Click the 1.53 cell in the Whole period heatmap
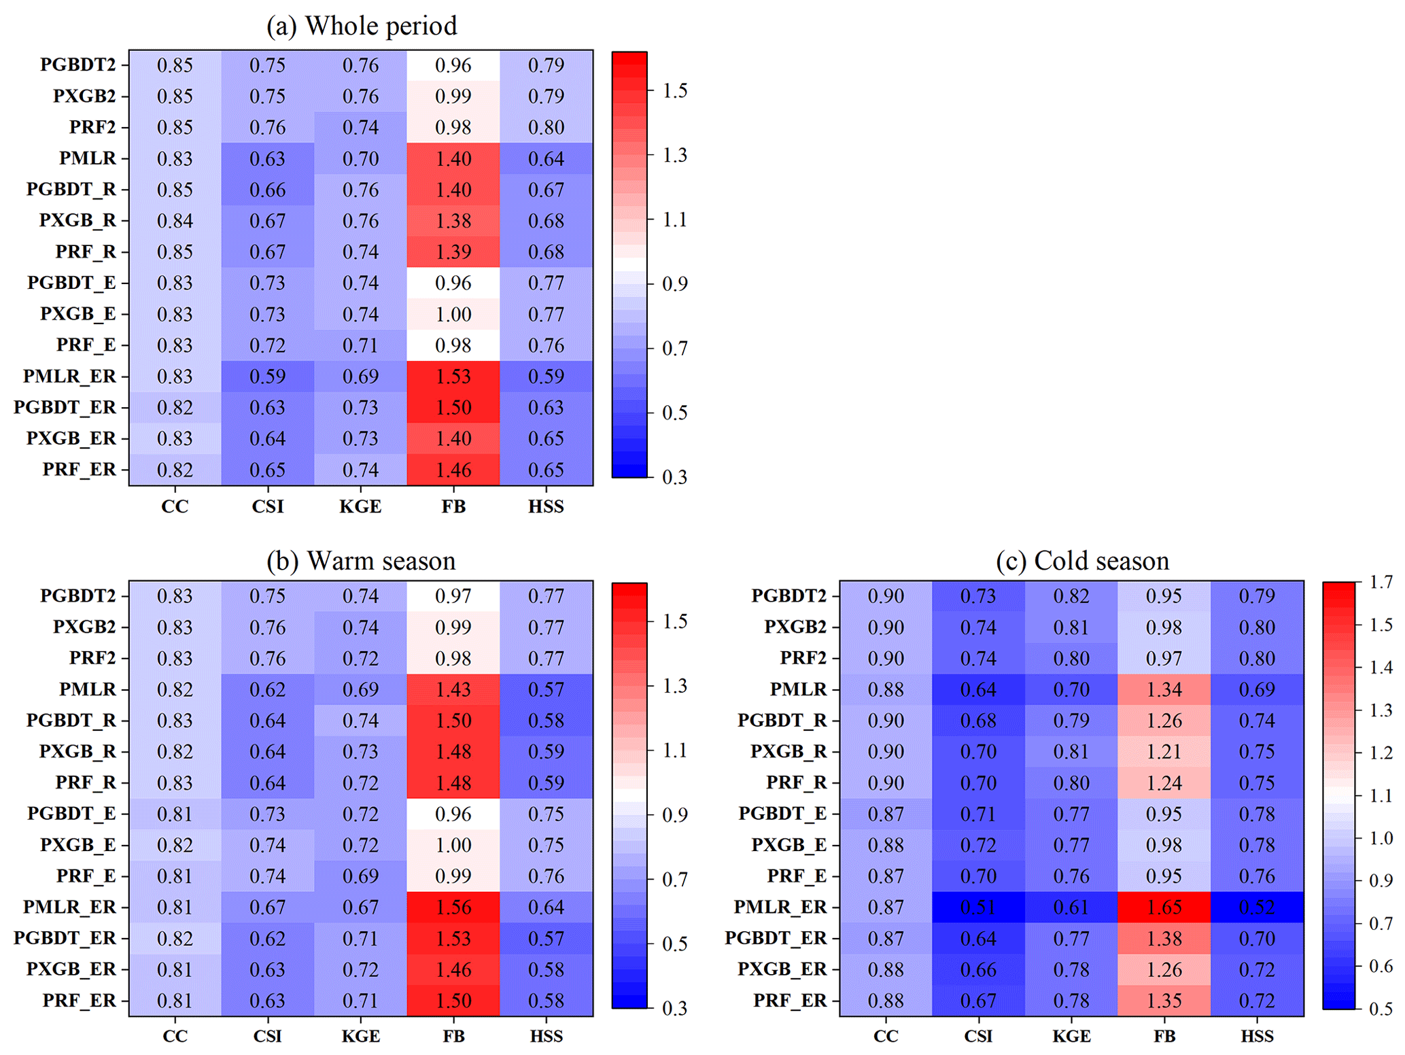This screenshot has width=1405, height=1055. tap(453, 376)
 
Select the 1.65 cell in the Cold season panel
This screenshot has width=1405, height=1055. tap(1164, 907)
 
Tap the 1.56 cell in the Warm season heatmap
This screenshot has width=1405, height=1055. tap(453, 907)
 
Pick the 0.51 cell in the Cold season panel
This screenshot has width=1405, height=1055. tap(978, 907)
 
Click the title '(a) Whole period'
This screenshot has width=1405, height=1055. tap(361, 26)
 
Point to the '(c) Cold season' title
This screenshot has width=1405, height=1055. tap(1082, 561)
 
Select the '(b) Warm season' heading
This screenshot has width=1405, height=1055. tap(361, 561)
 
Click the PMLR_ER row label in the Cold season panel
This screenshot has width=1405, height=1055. tap(780, 907)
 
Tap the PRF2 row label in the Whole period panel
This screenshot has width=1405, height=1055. tap(92, 127)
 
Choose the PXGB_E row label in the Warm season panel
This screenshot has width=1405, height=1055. tap(77, 844)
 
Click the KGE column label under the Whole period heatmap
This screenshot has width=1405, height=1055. tap(360, 506)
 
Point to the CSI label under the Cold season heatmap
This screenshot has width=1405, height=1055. tap(978, 1036)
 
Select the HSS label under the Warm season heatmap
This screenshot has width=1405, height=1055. tap(546, 1036)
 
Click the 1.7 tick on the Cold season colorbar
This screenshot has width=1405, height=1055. tap(1381, 582)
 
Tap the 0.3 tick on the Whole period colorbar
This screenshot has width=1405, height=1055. tap(674, 477)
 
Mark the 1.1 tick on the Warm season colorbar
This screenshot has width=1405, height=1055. tap(674, 750)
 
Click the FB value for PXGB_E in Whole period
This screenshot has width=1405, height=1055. tap(453, 314)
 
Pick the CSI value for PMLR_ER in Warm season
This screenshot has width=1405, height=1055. tap(267, 907)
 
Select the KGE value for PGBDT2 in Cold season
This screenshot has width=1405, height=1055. tap(1071, 596)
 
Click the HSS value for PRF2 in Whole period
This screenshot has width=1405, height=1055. tap(546, 127)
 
